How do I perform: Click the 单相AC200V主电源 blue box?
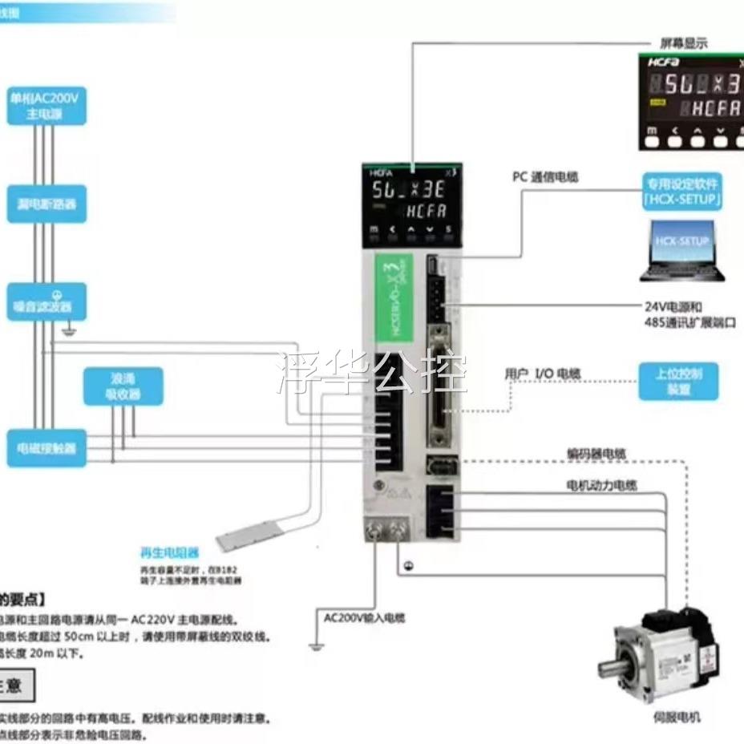click(x=46, y=107)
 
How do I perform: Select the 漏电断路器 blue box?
click(x=46, y=204)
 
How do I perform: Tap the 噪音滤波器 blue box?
click(x=46, y=301)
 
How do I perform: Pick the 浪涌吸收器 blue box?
click(x=123, y=386)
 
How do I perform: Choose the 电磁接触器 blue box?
click(x=46, y=448)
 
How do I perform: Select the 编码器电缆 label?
click(x=597, y=455)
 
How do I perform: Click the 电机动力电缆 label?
click(x=602, y=485)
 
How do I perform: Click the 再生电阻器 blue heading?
click(x=169, y=552)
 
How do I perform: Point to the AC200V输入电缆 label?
click(x=365, y=617)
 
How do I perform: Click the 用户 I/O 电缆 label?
click(x=543, y=374)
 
